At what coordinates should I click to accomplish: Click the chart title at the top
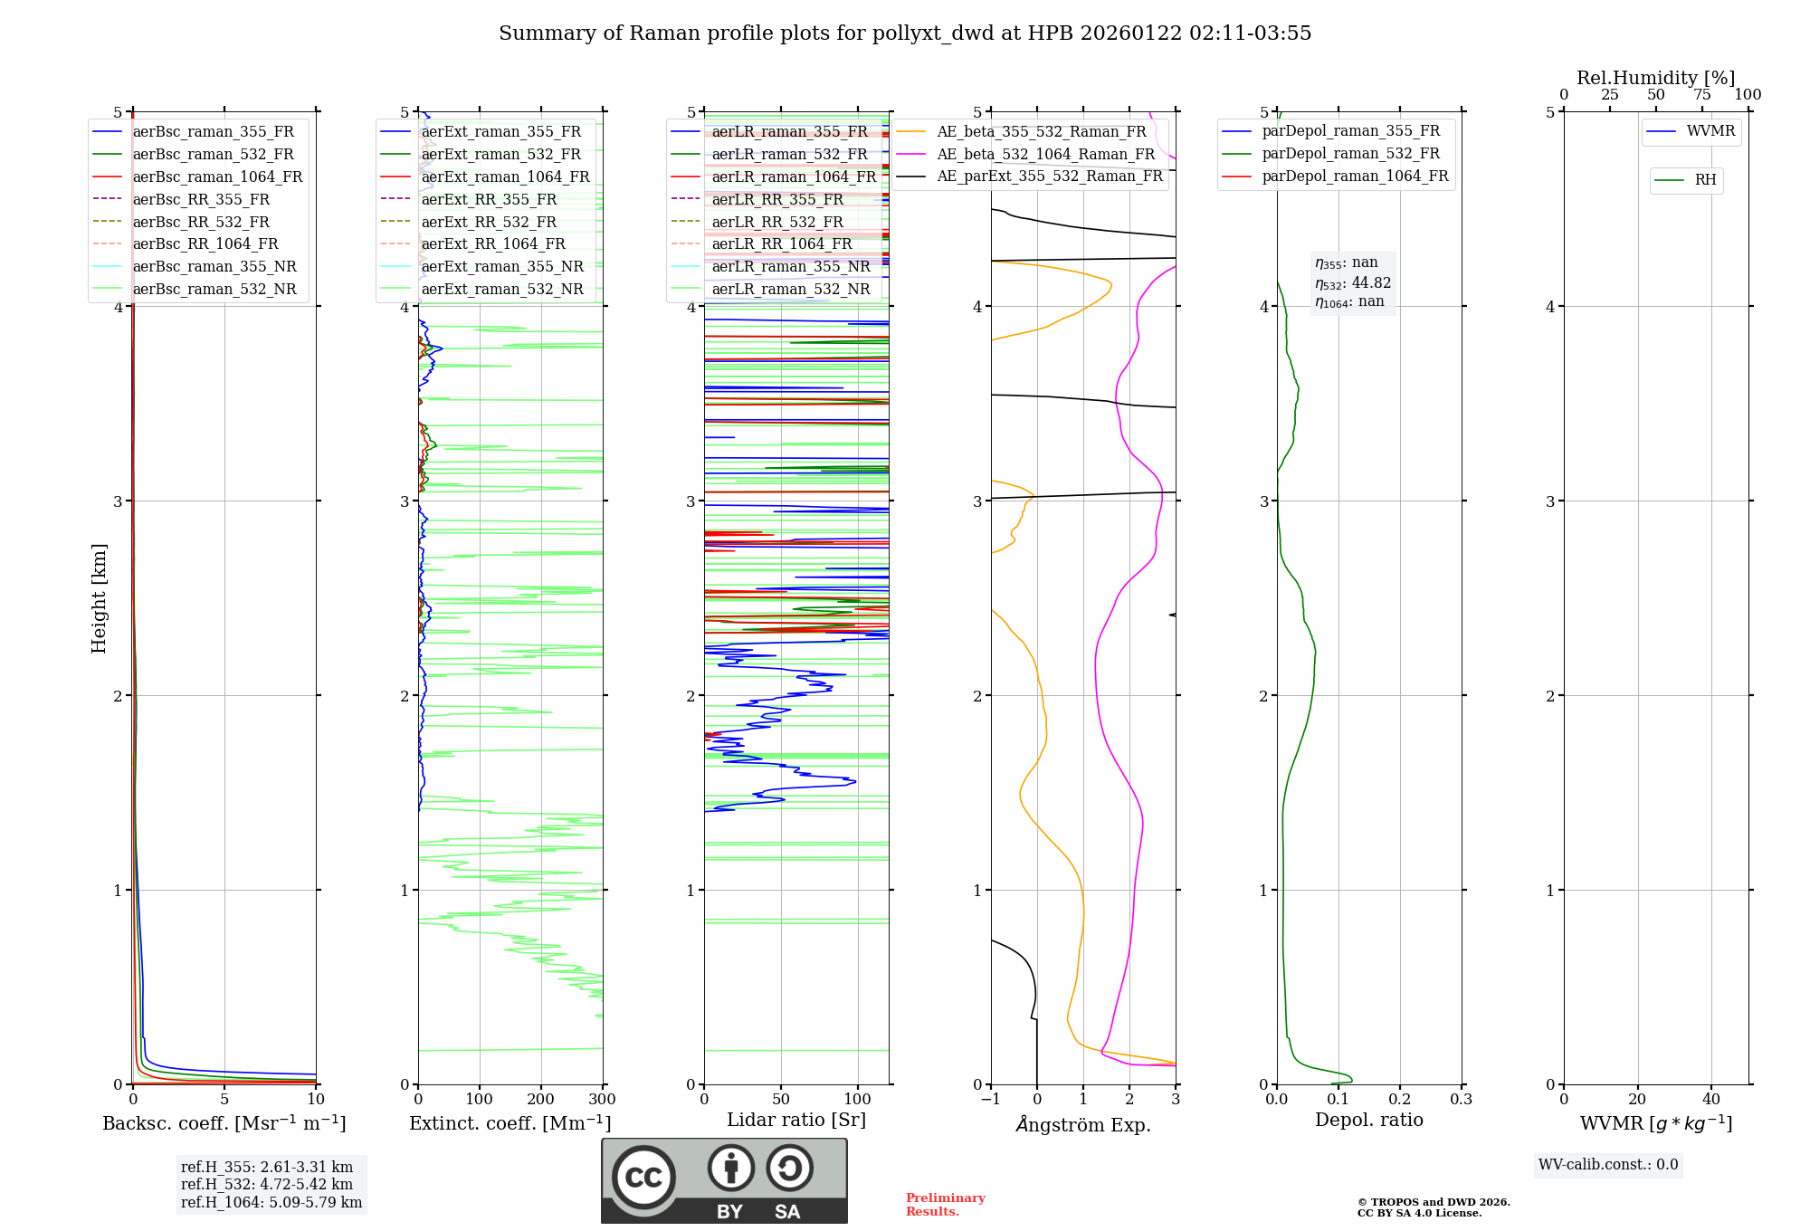point(905,33)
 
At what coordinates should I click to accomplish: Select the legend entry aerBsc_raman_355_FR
point(213,132)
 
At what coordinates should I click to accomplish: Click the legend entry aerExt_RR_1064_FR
point(493,244)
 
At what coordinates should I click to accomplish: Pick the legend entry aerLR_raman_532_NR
point(790,290)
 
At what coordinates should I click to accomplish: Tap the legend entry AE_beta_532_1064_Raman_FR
point(1045,155)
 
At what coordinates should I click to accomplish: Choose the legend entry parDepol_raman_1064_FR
point(1355,177)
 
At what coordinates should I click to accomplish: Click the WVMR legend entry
point(1710,132)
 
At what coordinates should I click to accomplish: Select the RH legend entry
point(1705,181)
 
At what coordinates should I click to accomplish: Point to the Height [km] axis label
point(99,598)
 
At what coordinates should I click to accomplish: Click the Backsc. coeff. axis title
point(224,1123)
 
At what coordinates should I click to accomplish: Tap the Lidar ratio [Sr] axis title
point(796,1121)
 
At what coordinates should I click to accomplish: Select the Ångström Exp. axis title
point(1083,1125)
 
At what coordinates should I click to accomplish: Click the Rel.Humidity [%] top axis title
point(1655,79)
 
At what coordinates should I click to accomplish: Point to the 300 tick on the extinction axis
point(602,1100)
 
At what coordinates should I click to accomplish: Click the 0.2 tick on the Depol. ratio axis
point(1400,1100)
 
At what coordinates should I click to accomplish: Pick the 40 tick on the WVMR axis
point(1710,1100)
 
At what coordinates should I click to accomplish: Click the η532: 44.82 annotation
point(1353,283)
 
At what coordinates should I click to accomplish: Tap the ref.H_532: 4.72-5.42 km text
point(267,1185)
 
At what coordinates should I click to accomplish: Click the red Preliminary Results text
point(945,1205)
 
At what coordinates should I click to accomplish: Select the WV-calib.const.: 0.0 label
point(1608,1165)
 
